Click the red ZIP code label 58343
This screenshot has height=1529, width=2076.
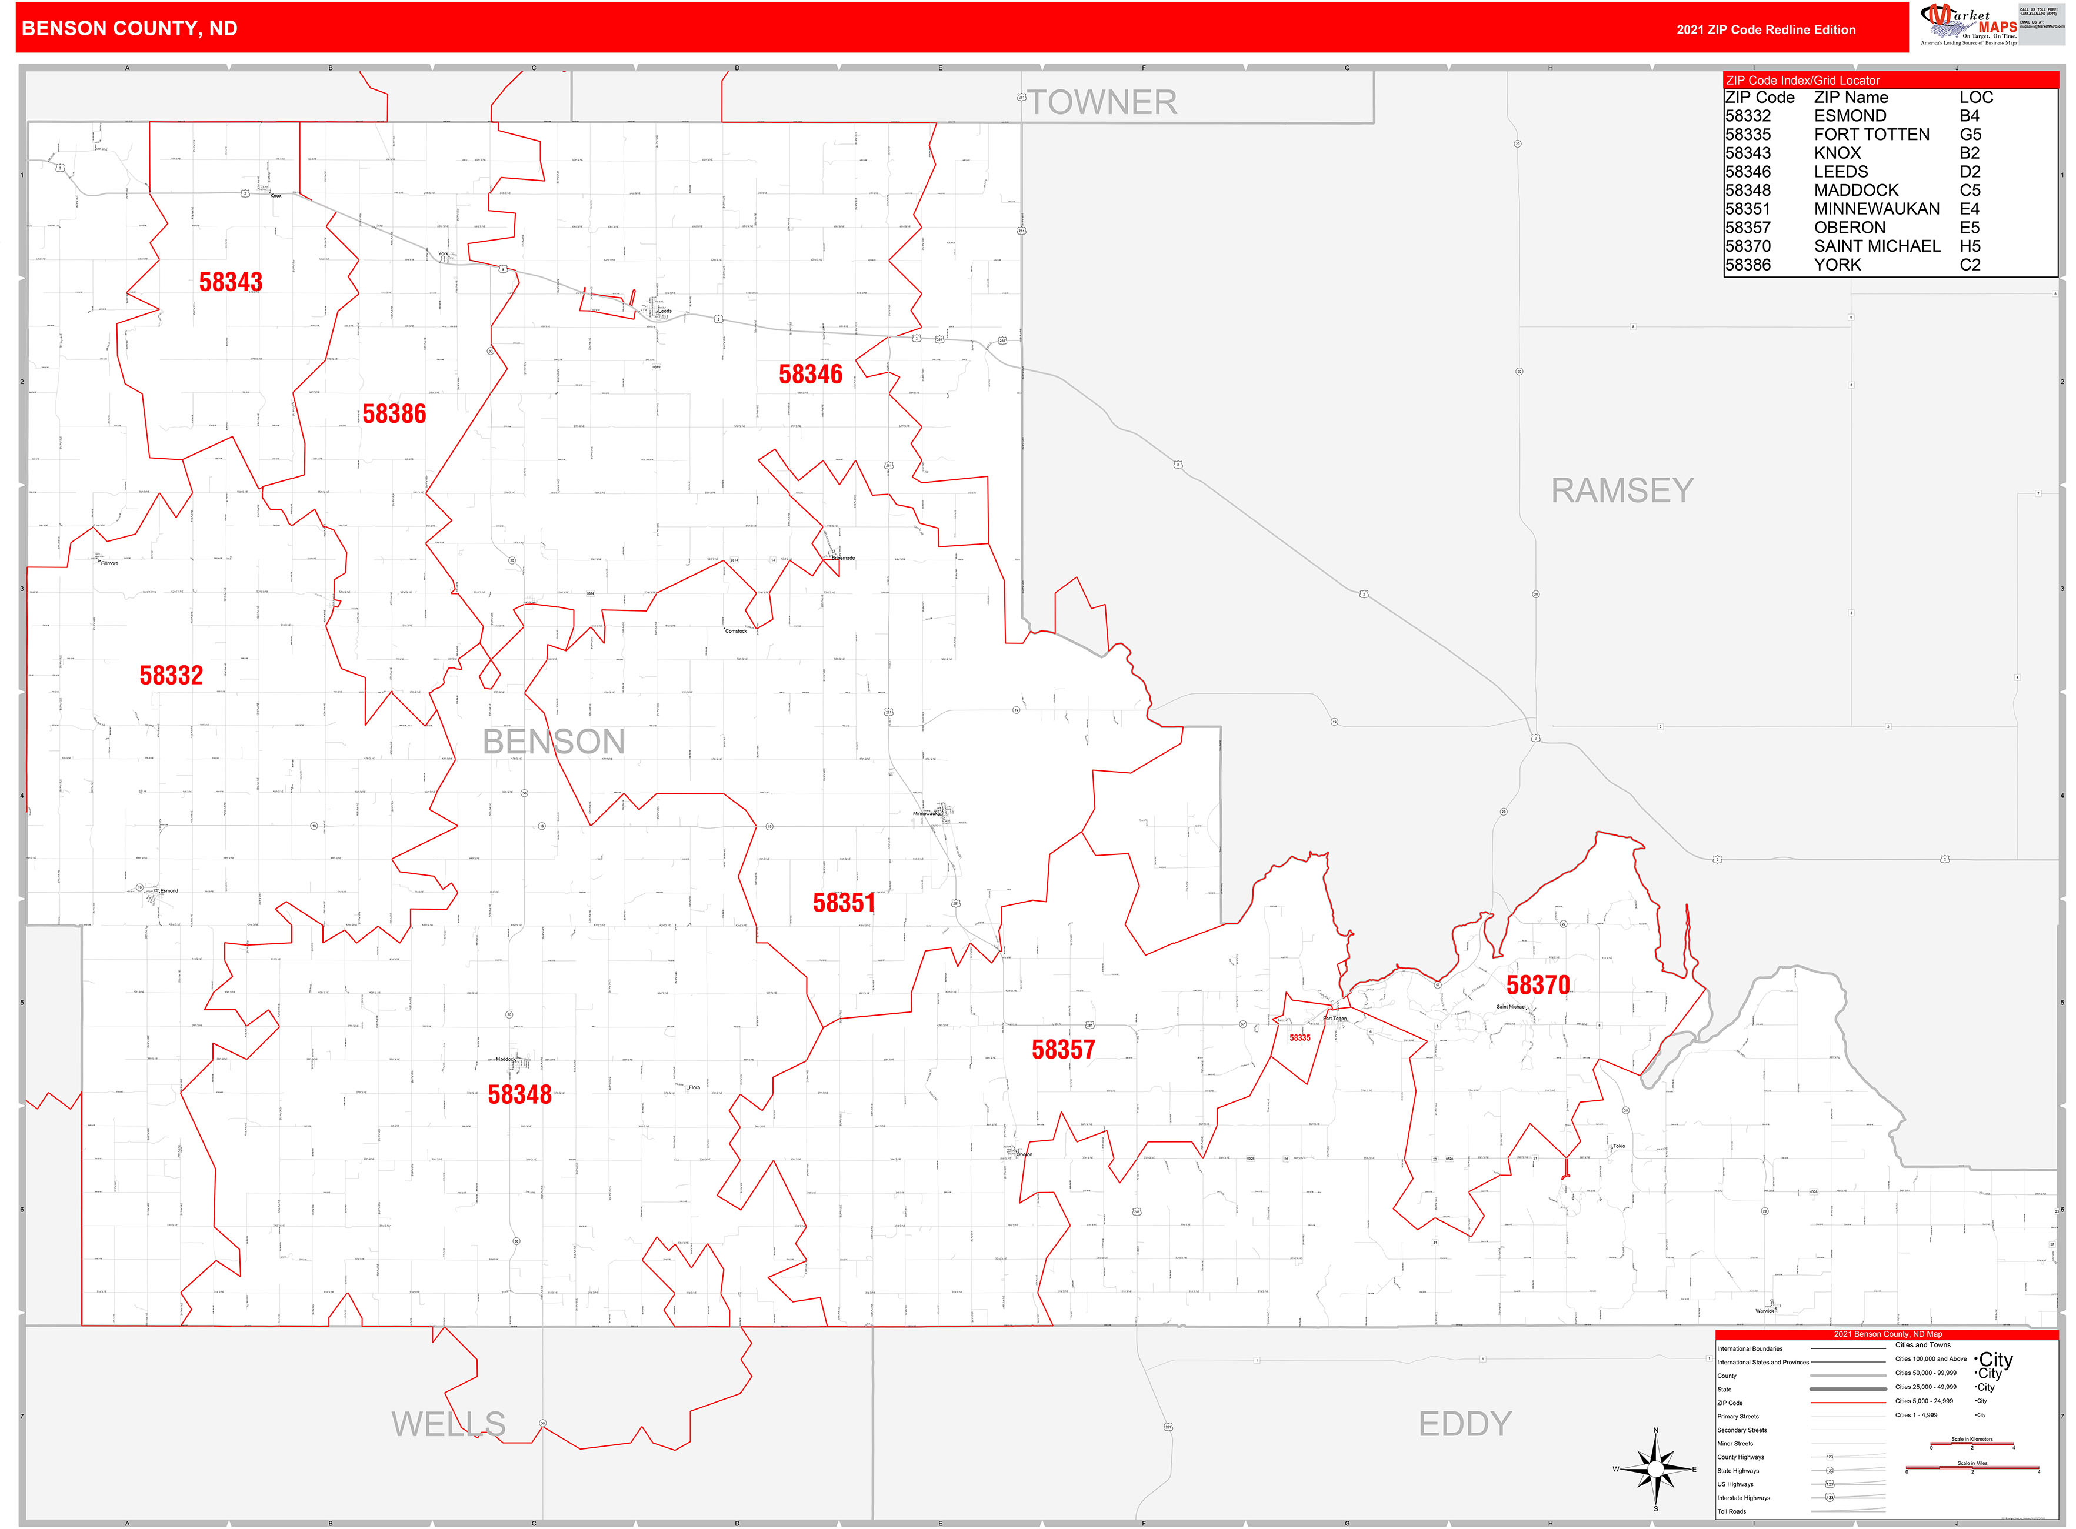coord(231,282)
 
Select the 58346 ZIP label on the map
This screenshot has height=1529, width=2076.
coord(810,374)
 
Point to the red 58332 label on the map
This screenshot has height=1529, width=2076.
coord(171,676)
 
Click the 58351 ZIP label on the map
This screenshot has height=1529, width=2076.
coord(844,903)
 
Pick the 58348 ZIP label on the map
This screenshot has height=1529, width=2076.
coord(519,1095)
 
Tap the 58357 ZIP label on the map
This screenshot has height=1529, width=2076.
coord(1063,1050)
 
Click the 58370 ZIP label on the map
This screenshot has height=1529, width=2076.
coord(1538,985)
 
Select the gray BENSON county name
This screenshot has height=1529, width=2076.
coord(554,742)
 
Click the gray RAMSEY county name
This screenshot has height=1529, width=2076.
coord(1622,490)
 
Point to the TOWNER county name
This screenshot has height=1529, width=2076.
coord(1102,103)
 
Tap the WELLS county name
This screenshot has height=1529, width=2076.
coord(448,1424)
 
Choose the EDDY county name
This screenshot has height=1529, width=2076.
coord(1465,1424)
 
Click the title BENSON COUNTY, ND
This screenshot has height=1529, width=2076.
coord(129,29)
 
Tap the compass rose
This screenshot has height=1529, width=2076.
coord(1655,1469)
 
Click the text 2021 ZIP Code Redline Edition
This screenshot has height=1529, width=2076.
coord(1766,29)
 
